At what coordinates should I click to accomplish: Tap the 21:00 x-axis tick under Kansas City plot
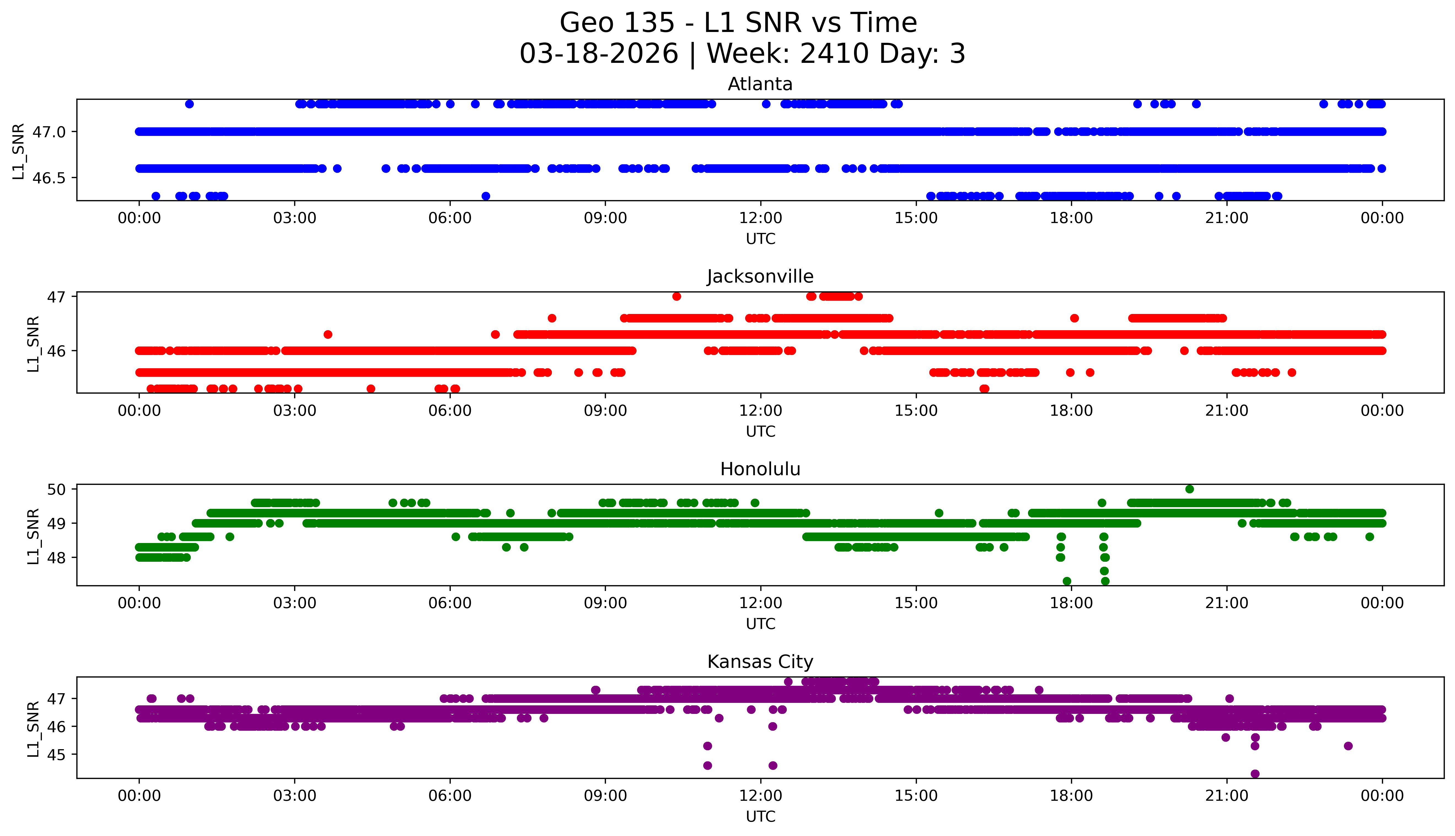point(1226,796)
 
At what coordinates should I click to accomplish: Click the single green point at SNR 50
point(1189,489)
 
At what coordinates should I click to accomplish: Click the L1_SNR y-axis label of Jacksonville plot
point(33,344)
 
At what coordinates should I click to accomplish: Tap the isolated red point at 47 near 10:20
point(677,296)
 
